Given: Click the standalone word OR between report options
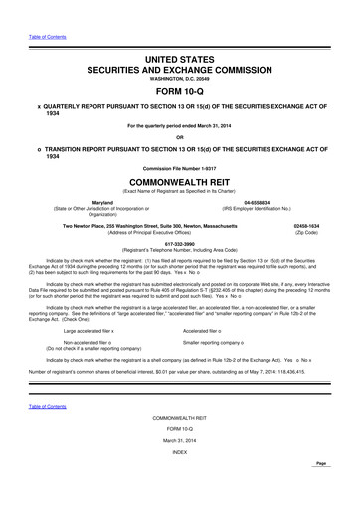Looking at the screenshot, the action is (x=180, y=136).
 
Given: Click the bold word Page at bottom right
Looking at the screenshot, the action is (x=347, y=495).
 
